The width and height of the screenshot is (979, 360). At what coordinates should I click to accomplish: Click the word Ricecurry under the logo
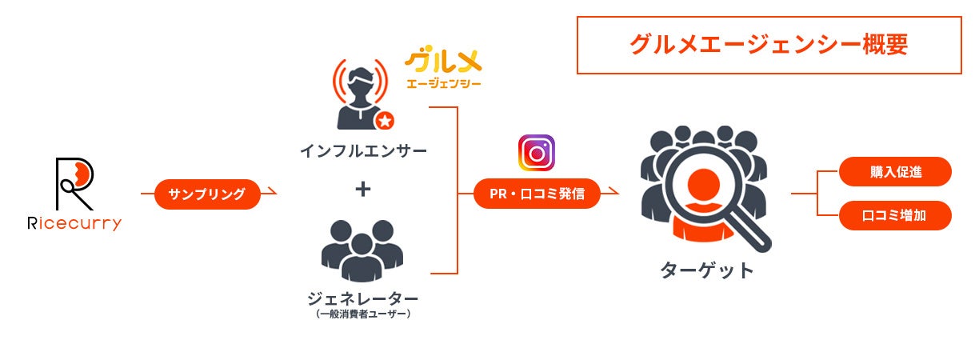click(x=74, y=224)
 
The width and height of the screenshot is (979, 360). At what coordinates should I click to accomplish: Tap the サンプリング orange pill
click(x=207, y=194)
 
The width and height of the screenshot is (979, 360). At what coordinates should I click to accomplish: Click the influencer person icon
click(x=358, y=94)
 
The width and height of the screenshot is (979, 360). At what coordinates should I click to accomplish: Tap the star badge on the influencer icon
click(x=384, y=120)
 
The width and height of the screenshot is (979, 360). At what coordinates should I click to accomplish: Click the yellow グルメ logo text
click(x=443, y=62)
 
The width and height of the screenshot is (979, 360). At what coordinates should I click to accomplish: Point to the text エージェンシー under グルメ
click(x=443, y=83)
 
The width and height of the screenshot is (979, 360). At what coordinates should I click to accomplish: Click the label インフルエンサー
click(x=363, y=150)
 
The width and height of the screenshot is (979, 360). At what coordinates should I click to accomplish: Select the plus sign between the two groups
click(x=363, y=190)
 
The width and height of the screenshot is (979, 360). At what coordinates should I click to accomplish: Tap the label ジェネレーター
click(x=362, y=298)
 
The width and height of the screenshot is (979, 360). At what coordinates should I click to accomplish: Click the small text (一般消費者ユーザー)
click(x=362, y=314)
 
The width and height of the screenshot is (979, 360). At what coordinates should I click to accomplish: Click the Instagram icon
click(x=537, y=153)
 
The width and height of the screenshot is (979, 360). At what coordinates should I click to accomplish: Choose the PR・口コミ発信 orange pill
click(x=537, y=194)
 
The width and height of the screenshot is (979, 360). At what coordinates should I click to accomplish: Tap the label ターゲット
click(x=707, y=270)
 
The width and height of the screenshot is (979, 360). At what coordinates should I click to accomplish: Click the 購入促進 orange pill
click(x=895, y=171)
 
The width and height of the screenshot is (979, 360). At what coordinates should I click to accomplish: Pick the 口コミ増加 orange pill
click(x=895, y=215)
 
